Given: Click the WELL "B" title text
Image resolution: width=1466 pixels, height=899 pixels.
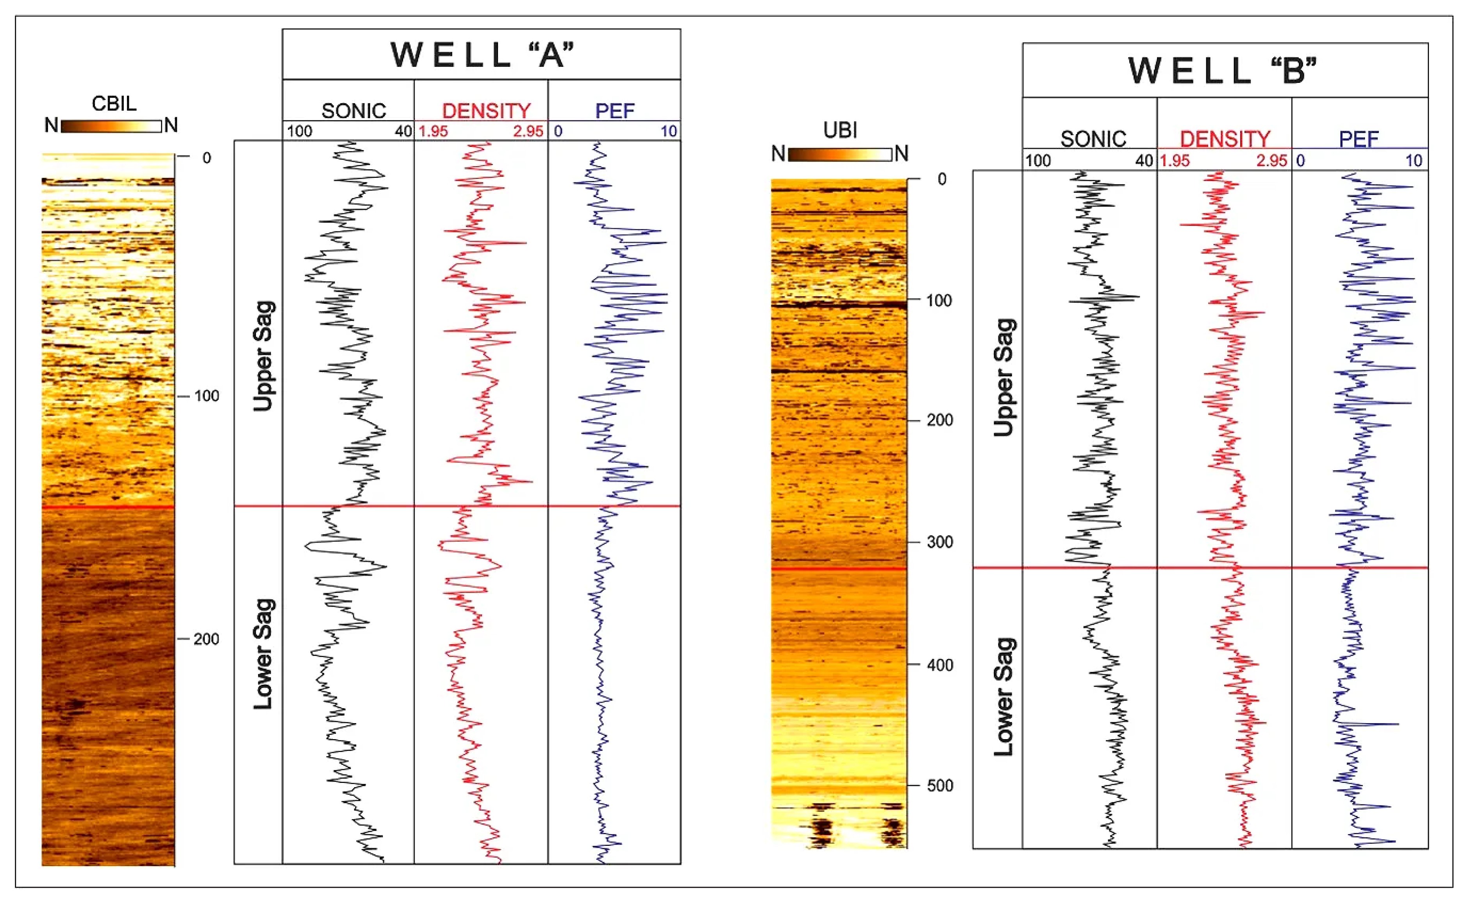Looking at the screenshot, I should pos(1223,70).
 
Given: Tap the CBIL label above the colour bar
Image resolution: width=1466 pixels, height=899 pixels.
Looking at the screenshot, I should pos(114,104).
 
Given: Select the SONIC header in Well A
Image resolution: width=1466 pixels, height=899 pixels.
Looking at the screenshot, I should pos(354,111).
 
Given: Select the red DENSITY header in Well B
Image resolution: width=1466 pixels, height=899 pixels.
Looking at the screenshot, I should pos(1225,139).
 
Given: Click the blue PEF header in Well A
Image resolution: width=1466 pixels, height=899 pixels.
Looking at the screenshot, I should pos(614,111).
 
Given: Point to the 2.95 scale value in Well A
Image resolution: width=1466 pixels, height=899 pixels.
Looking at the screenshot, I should pos(528,131).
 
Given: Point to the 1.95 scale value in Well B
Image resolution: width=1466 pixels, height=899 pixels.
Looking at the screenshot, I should pos(1175,161).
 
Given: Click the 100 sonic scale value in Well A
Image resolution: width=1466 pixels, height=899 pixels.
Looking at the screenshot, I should pos(299,131).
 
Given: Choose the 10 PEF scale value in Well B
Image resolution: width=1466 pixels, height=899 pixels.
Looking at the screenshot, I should pos(1414,161).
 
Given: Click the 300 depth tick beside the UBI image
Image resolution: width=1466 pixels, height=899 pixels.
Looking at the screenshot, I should pos(939,542).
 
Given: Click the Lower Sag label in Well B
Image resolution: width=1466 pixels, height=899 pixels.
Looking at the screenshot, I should pos(1004,697).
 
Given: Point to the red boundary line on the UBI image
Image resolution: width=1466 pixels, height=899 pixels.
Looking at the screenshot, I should pos(839,569).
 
